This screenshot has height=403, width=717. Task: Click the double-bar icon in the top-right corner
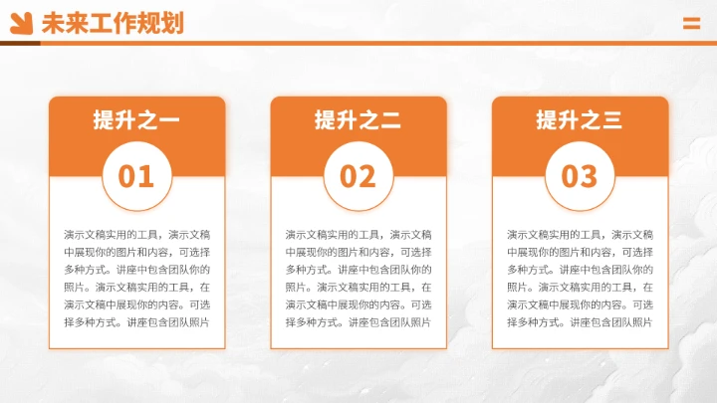[x=691, y=24]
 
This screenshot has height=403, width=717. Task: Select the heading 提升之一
[x=136, y=120]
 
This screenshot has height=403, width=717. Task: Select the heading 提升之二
[x=358, y=120]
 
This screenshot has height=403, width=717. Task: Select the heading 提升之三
[x=579, y=120]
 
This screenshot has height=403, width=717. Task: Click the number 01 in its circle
[x=136, y=176]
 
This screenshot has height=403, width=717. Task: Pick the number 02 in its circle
[x=358, y=176]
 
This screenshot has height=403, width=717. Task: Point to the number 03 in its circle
[x=579, y=176]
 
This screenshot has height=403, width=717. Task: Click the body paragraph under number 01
[x=136, y=279]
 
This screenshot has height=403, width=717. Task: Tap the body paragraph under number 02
[x=358, y=279]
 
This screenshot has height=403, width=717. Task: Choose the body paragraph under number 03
[x=579, y=279]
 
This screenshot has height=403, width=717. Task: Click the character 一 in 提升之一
[x=168, y=121]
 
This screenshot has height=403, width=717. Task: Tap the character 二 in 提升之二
[x=389, y=121]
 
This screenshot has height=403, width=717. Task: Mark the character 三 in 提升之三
[x=610, y=121]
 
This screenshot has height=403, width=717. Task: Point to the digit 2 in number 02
[x=367, y=176]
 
